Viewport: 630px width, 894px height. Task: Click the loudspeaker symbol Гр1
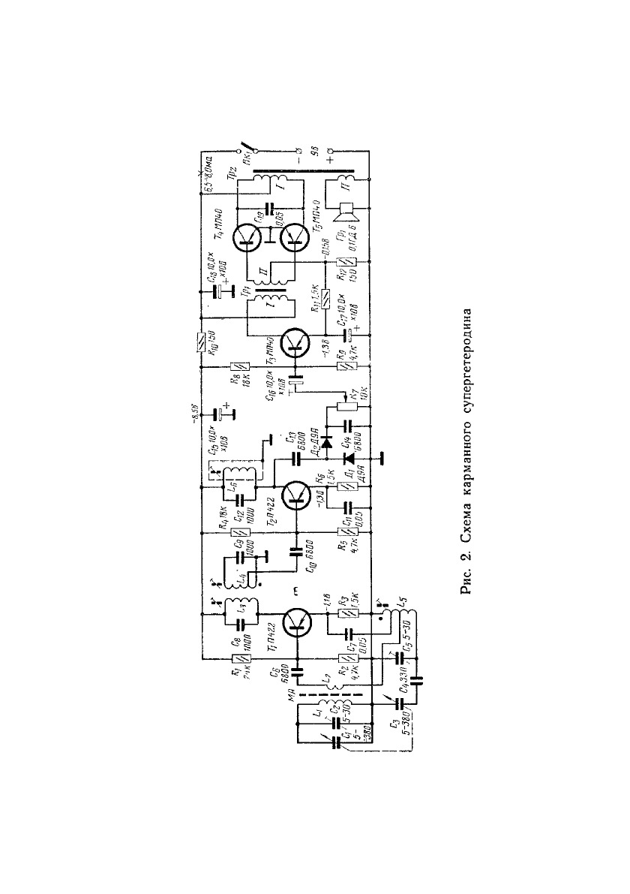[x=347, y=212]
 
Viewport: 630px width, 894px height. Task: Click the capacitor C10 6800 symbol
[x=295, y=552]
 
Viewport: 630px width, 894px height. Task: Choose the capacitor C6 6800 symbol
[x=295, y=666]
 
